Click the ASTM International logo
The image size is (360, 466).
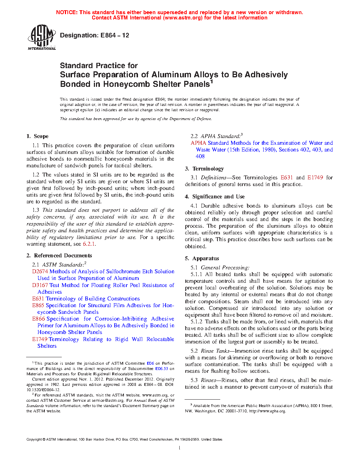(x=42, y=37)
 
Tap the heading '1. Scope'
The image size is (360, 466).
(x=37, y=136)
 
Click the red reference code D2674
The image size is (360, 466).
(x=40, y=271)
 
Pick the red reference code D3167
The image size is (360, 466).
(x=40, y=285)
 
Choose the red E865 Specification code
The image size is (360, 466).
(x=38, y=305)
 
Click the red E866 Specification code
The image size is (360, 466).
(x=38, y=319)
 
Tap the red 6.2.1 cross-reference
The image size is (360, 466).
(x=89, y=244)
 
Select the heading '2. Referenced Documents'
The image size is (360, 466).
(x=59, y=256)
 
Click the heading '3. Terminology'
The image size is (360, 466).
(x=204, y=169)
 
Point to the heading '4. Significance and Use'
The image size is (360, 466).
(x=215, y=197)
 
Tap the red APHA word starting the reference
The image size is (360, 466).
(x=198, y=143)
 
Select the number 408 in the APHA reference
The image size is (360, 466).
(x=200, y=156)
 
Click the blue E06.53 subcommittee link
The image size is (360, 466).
(x=162, y=369)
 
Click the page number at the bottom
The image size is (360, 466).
(x=180, y=448)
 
